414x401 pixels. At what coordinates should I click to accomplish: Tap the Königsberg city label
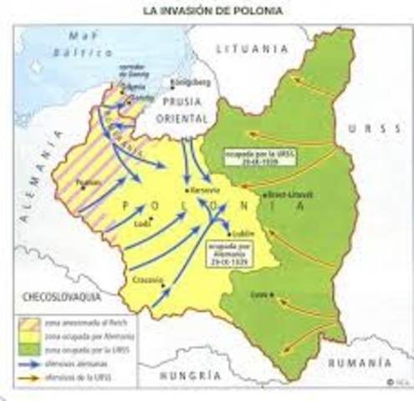pyautogui.click(x=186, y=83)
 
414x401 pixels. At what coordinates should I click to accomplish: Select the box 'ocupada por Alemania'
pyautogui.click(x=224, y=251)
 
